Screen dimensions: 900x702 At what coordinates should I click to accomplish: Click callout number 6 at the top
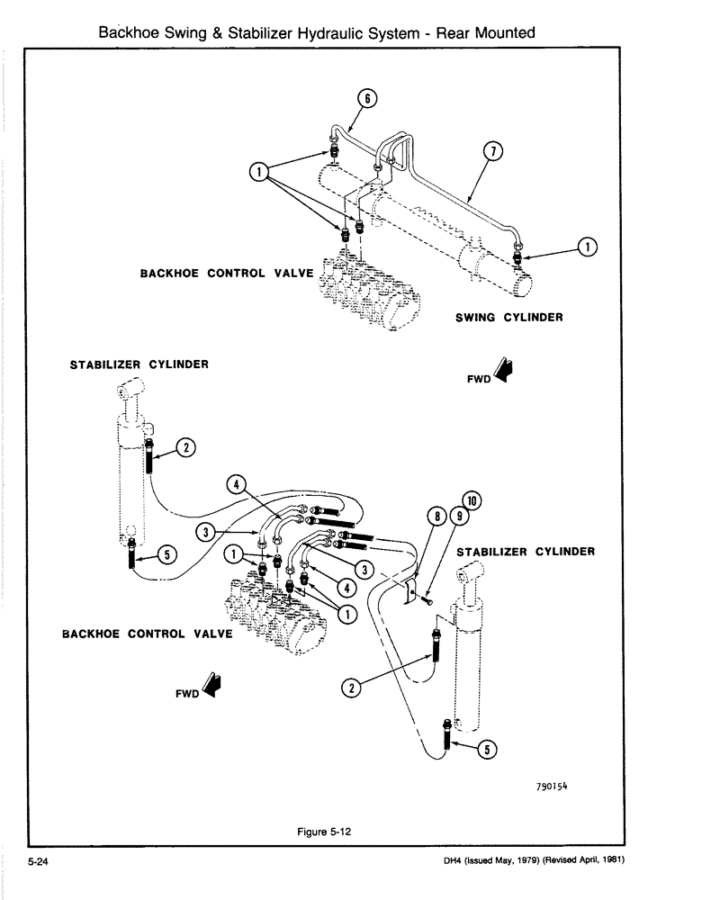click(x=367, y=97)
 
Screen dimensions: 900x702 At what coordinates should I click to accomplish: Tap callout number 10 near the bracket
click(x=471, y=500)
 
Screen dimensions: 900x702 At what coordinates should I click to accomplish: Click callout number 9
click(x=459, y=517)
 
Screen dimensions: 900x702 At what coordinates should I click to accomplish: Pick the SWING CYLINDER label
click(x=508, y=317)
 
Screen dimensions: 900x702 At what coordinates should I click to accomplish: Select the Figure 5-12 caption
click(x=323, y=832)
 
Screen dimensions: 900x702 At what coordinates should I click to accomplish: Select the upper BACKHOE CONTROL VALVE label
click(x=226, y=273)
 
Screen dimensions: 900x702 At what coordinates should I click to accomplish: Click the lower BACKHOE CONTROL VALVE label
click(x=147, y=634)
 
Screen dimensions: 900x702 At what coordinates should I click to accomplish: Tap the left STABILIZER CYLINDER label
click(x=139, y=364)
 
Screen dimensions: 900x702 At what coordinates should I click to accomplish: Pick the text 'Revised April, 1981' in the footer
click(x=578, y=860)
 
